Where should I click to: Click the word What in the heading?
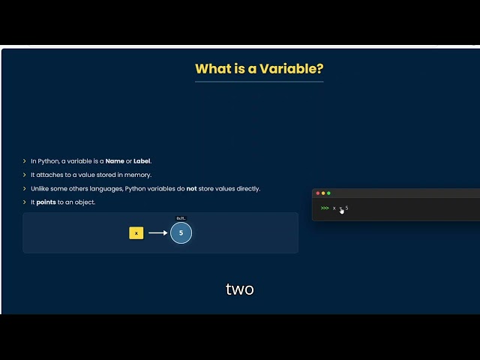coord(211,69)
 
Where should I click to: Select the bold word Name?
coord(115,160)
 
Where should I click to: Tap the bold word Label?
coord(142,160)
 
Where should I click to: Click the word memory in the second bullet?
coord(139,175)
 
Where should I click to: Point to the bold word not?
coord(191,188)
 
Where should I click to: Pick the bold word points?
coord(45,202)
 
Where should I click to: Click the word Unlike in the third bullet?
coord(40,188)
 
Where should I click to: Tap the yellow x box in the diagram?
coord(136,233)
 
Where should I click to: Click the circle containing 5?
coord(181,233)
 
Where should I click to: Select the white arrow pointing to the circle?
coord(157,233)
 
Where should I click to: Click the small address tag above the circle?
coord(181,218)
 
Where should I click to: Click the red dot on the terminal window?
coord(317,193)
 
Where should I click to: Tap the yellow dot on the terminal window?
coord(323,193)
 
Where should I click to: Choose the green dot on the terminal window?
coord(328,193)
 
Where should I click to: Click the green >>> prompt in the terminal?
coord(325,208)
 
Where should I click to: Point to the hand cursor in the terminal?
coord(342,211)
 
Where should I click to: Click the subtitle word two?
coord(240,289)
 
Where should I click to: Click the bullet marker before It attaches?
coord(25,175)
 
